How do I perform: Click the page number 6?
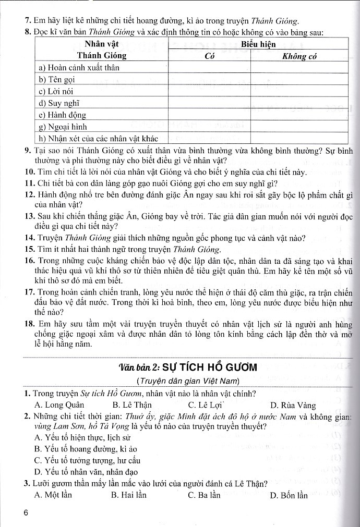pyautogui.click(x=26, y=512)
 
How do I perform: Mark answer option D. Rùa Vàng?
pyautogui.click(x=293, y=405)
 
